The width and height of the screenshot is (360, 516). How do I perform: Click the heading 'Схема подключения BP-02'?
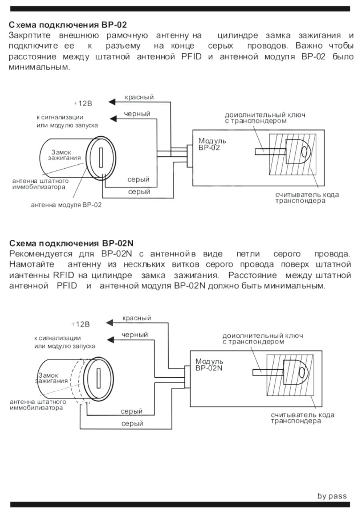tap(68, 25)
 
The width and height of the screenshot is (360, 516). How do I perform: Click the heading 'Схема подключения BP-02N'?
tap(72, 243)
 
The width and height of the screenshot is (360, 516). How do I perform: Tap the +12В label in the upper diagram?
tap(83, 104)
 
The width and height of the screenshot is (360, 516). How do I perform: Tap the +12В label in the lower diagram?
tap(80, 324)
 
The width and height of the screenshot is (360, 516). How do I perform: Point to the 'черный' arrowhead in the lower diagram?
tap(110, 340)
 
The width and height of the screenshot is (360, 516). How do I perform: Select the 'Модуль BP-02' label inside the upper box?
tap(212, 144)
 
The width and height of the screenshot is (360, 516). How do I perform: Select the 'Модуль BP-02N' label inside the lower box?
tap(209, 365)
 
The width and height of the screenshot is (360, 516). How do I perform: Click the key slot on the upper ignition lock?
tap(101, 157)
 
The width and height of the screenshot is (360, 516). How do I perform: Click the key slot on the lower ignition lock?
tap(98, 378)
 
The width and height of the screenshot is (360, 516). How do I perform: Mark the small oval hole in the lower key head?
tap(302, 372)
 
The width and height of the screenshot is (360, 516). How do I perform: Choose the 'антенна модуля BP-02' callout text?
tap(66, 205)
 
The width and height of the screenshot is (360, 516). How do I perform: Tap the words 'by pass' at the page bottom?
tap(332, 496)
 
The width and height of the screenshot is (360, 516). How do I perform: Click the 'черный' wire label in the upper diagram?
tap(137, 114)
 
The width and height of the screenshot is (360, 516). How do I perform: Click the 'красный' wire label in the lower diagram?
tap(137, 318)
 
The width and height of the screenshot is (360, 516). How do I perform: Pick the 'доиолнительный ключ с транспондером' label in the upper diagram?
tap(265, 118)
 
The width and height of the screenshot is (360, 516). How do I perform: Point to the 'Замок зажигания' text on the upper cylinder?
tap(64, 155)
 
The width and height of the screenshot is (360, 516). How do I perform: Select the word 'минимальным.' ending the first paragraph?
tap(40, 67)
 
